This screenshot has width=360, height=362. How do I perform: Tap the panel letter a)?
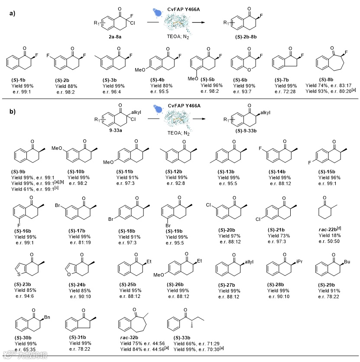(x=12, y=13)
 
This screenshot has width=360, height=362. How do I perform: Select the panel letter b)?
(x=12, y=111)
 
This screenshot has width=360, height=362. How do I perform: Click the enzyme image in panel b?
(x=175, y=122)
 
